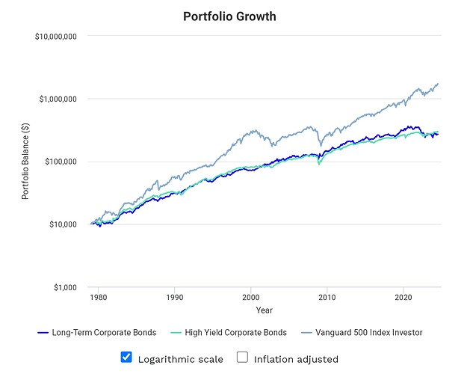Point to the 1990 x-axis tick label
click(x=175, y=296)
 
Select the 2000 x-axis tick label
click(x=251, y=296)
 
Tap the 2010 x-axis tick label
click(x=327, y=296)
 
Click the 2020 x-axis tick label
click(x=403, y=296)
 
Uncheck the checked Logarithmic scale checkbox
click(x=126, y=358)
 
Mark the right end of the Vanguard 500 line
click(x=438, y=84)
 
